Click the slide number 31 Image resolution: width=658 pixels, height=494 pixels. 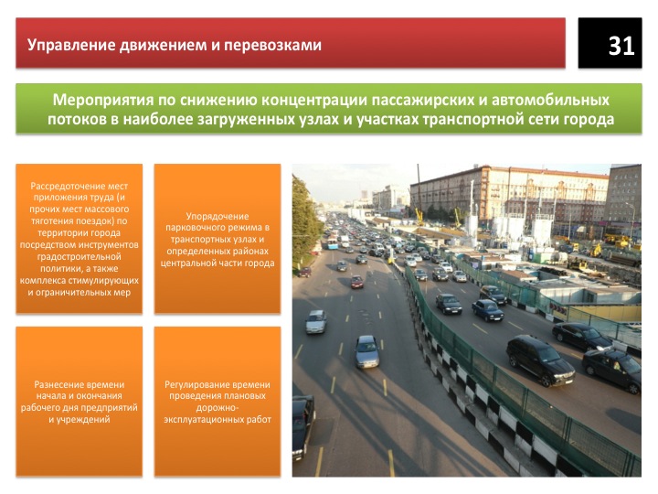[x=621, y=46]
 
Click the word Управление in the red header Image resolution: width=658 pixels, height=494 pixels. [x=71, y=45]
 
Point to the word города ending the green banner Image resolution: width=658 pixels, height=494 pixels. [x=589, y=120]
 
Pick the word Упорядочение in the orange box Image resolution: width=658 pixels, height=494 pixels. [x=218, y=216]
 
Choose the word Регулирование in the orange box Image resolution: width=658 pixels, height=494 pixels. [x=196, y=384]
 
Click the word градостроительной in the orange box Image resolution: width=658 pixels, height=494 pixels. [x=79, y=257]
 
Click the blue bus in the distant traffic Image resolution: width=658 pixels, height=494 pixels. [x=333, y=243]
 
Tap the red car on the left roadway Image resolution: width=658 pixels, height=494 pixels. [x=356, y=282]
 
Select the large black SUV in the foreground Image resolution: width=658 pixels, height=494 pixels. [x=540, y=360]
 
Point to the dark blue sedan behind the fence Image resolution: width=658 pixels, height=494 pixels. [x=488, y=310]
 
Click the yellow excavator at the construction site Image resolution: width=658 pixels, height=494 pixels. [x=595, y=251]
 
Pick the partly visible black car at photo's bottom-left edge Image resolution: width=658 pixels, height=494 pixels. [x=303, y=426]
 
